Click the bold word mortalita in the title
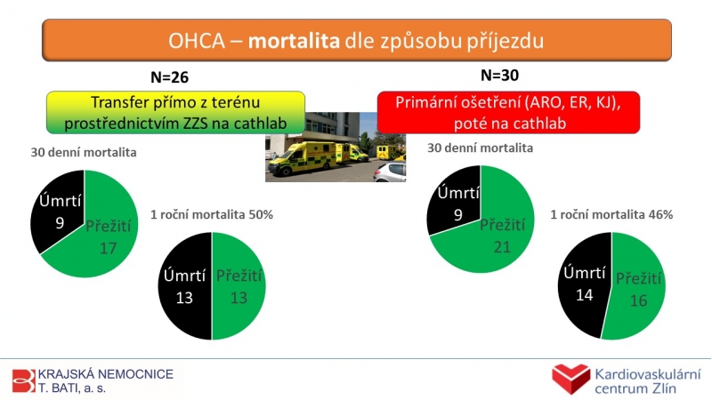click(x=294, y=41)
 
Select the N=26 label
click(x=169, y=77)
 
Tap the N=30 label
click(x=499, y=76)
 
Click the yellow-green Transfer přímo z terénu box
click(x=175, y=113)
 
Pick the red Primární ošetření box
click(x=508, y=113)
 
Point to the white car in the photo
click(x=390, y=172)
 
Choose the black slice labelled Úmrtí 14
click(x=584, y=284)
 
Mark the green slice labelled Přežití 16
click(x=635, y=288)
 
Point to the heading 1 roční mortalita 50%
click(x=212, y=214)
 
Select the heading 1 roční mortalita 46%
click(x=611, y=214)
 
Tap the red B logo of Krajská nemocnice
click(x=24, y=380)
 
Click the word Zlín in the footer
click(x=663, y=388)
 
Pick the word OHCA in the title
click(x=197, y=41)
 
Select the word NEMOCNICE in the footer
click(x=136, y=374)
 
